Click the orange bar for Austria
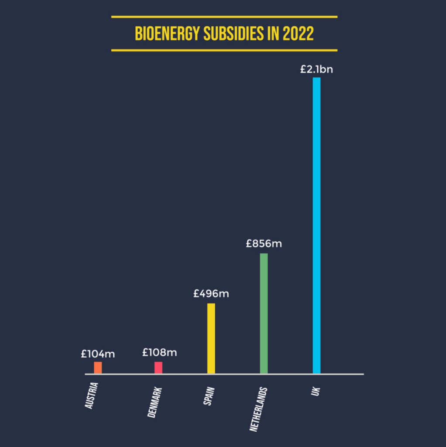[x=98, y=368]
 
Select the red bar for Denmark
[x=158, y=368]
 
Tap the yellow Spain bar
[x=211, y=338]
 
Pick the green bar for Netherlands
[x=264, y=313]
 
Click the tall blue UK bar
[x=316, y=225]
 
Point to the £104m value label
[x=98, y=354]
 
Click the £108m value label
[x=159, y=352]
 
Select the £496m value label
[x=211, y=293]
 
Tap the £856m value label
[x=264, y=244]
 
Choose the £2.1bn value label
[x=316, y=69]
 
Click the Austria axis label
[x=92, y=395]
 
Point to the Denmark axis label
[x=154, y=402]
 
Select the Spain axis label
[x=209, y=395]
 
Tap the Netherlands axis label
[x=258, y=409]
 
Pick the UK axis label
[x=316, y=391]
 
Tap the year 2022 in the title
[x=298, y=34]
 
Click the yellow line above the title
[x=224, y=17]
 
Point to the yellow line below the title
[x=224, y=50]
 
